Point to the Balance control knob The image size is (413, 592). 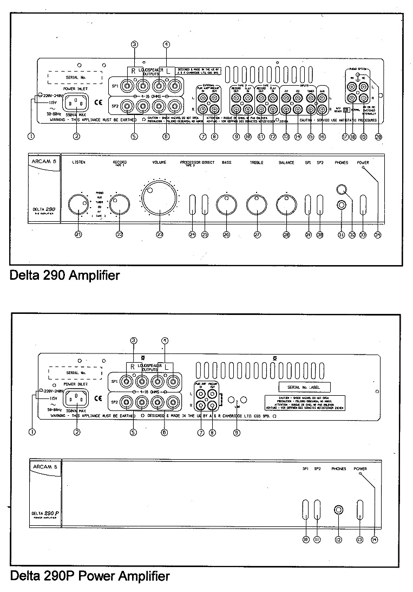(x=285, y=204)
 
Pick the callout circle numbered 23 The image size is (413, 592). (x=159, y=234)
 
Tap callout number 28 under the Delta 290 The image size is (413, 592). (x=286, y=234)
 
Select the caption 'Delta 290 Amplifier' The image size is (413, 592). (x=65, y=276)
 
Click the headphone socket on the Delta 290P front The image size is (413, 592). (x=339, y=510)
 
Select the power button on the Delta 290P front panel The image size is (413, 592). (x=360, y=511)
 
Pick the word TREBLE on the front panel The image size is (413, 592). (x=257, y=163)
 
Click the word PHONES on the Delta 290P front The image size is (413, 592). (x=339, y=468)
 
